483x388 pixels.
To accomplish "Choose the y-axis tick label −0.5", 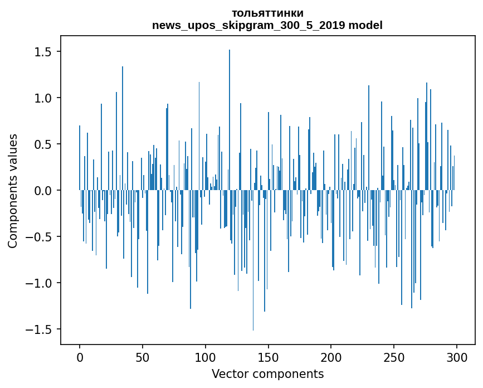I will (x=38, y=237).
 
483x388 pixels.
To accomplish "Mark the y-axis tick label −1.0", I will (x=38, y=283).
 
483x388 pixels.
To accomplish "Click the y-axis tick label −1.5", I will (x=38, y=329).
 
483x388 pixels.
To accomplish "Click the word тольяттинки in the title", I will (x=267, y=13).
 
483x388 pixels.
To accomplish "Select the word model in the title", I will (x=365, y=25).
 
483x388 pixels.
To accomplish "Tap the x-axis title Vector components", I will (x=267, y=374).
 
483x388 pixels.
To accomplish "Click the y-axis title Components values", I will (x=13, y=191).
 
